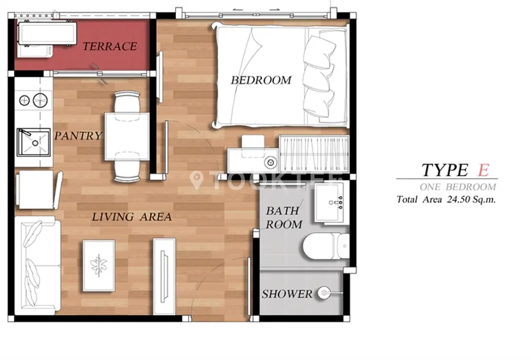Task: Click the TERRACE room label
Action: click(x=110, y=46)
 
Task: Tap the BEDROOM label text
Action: click(x=261, y=80)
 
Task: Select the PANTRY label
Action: click(x=78, y=135)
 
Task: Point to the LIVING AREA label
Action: click(x=132, y=217)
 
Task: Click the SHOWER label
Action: click(x=287, y=294)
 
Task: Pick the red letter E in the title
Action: click(x=483, y=170)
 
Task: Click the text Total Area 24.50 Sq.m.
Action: click(x=446, y=199)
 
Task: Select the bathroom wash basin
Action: click(x=332, y=202)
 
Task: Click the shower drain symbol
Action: click(x=324, y=293)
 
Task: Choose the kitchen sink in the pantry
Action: click(x=33, y=142)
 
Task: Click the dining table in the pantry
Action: click(x=127, y=137)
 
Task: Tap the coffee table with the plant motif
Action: click(x=99, y=265)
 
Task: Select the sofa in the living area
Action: click(x=38, y=264)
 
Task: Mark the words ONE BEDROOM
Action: click(x=458, y=186)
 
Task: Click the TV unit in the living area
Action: click(x=165, y=276)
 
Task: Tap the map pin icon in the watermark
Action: click(x=196, y=180)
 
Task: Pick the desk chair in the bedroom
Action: click(x=253, y=145)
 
